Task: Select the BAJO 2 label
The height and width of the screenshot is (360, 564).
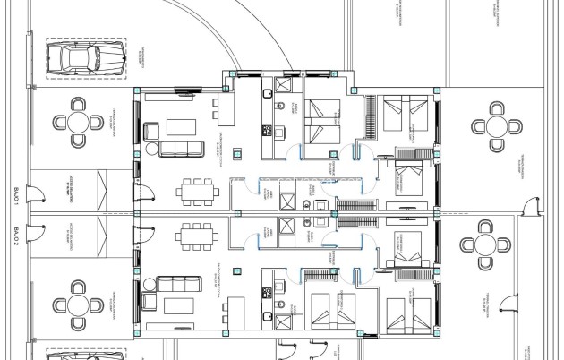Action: [16, 236]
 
